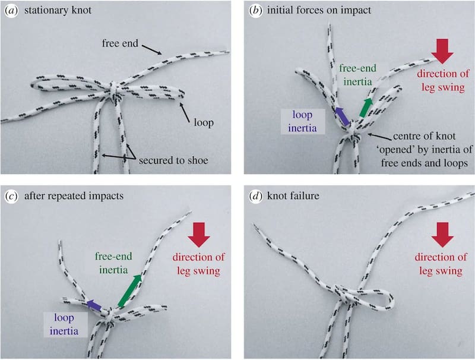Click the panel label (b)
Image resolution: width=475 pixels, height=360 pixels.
pyautogui.click(x=256, y=10)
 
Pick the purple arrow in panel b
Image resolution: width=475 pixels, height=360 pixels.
pyautogui.click(x=341, y=115)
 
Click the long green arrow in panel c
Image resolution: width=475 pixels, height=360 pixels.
pyautogui.click(x=131, y=291)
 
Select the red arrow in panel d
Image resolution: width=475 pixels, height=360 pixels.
pyautogui.click(x=442, y=236)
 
